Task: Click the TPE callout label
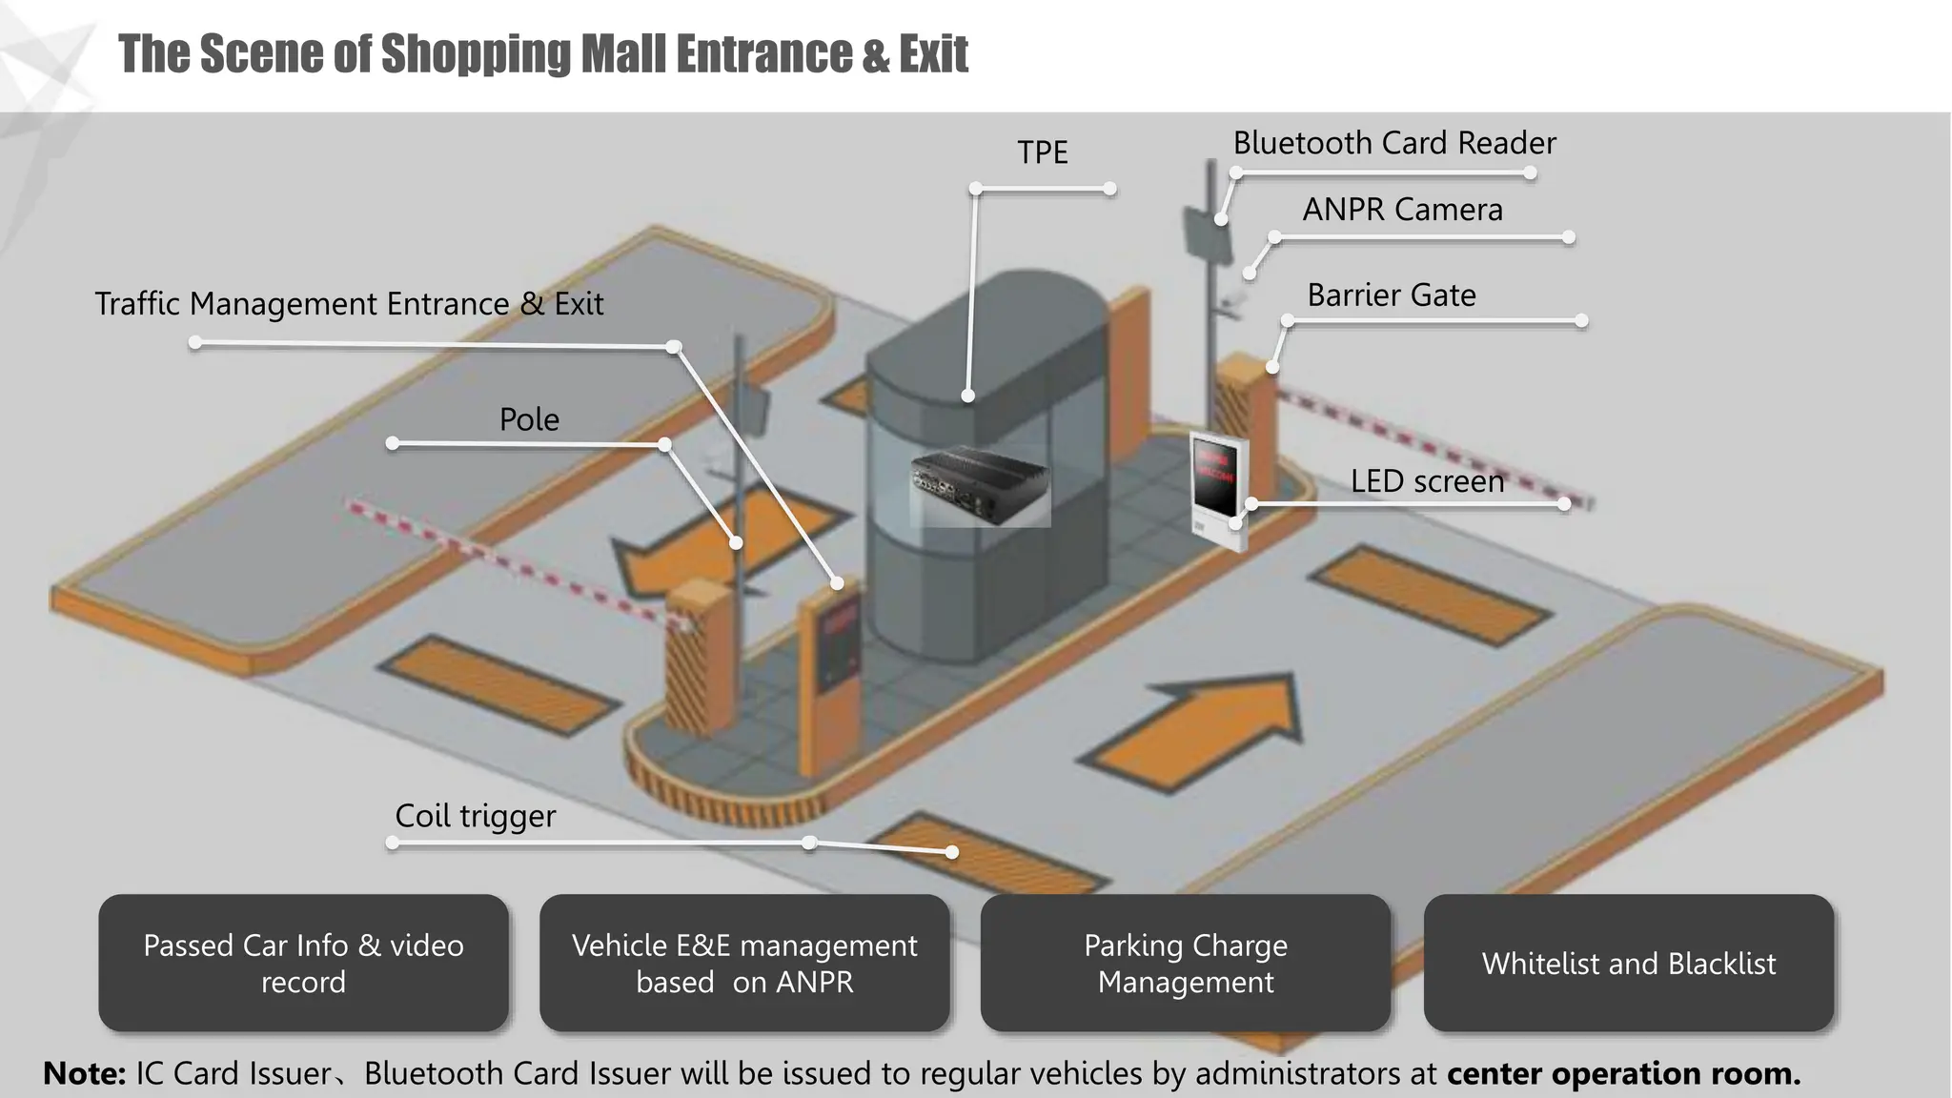pyautogui.click(x=1042, y=152)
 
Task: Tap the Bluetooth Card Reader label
pyautogui.click(x=1393, y=143)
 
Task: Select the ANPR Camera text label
pyautogui.click(x=1402, y=210)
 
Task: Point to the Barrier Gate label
pyautogui.click(x=1391, y=295)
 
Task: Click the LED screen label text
pyautogui.click(x=1427, y=481)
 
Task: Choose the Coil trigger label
pyautogui.click(x=475, y=816)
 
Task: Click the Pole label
pyautogui.click(x=529, y=419)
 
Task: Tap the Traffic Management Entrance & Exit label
pyautogui.click(x=349, y=304)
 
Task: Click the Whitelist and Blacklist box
pyautogui.click(x=1628, y=963)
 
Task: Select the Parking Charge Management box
pyautogui.click(x=1185, y=963)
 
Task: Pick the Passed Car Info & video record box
pyautogui.click(x=303, y=963)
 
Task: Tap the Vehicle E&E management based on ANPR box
pyautogui.click(x=743, y=963)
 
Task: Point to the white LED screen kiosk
pyautogui.click(x=1217, y=486)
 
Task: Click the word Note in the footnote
pyautogui.click(x=84, y=1073)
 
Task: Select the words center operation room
pyautogui.click(x=1623, y=1073)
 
